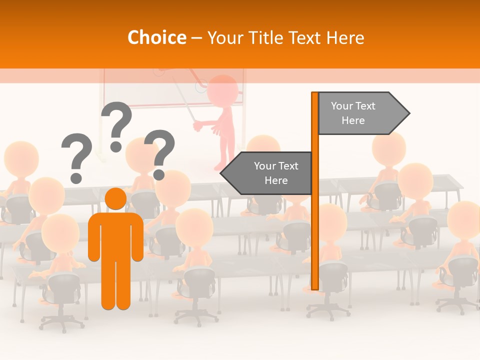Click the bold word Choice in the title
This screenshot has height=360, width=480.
(156, 38)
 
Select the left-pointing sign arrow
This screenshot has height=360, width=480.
(267, 173)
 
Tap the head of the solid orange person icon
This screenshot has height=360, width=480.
(116, 198)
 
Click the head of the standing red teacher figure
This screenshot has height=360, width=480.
(222, 90)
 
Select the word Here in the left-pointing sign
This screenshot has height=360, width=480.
(276, 180)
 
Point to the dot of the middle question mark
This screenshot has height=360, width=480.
(116, 146)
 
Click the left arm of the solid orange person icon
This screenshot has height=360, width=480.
(94, 237)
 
